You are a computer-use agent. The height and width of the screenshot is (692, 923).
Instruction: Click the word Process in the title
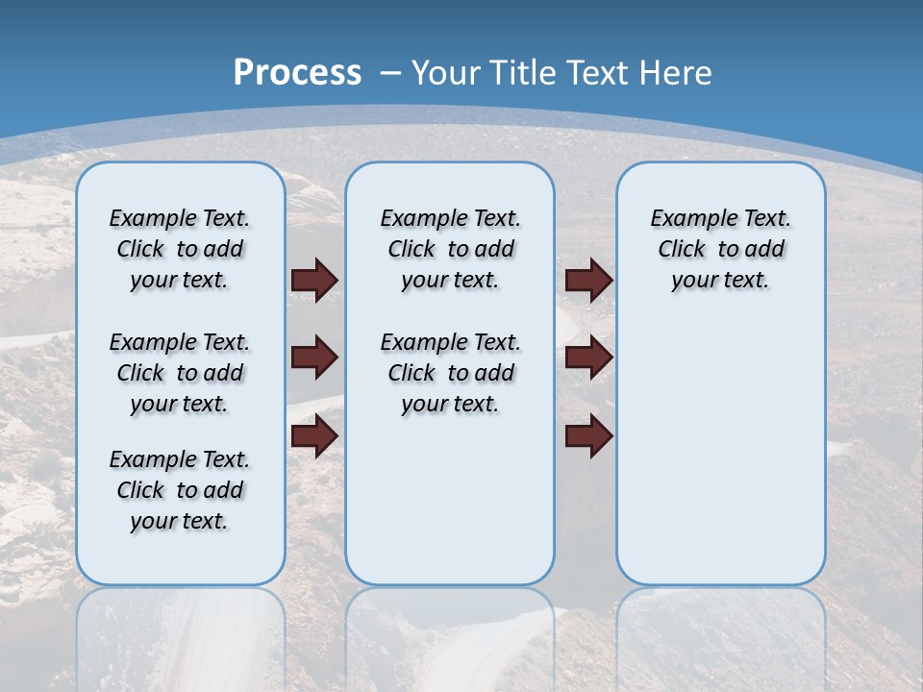pyautogui.click(x=297, y=73)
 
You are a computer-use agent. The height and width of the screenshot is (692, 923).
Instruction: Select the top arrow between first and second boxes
pyautogui.click(x=314, y=281)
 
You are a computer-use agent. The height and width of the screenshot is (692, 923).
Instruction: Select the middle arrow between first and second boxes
pyautogui.click(x=314, y=358)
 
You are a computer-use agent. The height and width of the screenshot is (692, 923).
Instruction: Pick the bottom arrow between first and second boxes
pyautogui.click(x=314, y=436)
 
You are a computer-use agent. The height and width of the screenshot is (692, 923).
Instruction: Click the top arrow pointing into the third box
pyautogui.click(x=589, y=281)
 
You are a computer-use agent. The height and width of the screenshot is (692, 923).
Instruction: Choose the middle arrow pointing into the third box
pyautogui.click(x=589, y=358)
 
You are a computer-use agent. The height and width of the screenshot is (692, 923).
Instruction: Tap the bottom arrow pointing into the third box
pyautogui.click(x=589, y=436)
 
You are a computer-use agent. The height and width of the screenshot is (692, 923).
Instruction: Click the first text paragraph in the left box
pyautogui.click(x=180, y=249)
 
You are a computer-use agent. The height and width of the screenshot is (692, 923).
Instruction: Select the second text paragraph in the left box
pyautogui.click(x=180, y=373)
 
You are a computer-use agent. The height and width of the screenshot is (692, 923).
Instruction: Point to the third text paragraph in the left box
pyautogui.click(x=180, y=490)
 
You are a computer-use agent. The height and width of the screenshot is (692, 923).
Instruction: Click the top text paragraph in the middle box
pyautogui.click(x=450, y=249)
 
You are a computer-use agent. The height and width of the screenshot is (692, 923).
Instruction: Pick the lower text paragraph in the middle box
pyautogui.click(x=450, y=373)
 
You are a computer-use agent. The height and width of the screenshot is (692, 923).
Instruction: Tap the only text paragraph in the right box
pyautogui.click(x=720, y=249)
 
